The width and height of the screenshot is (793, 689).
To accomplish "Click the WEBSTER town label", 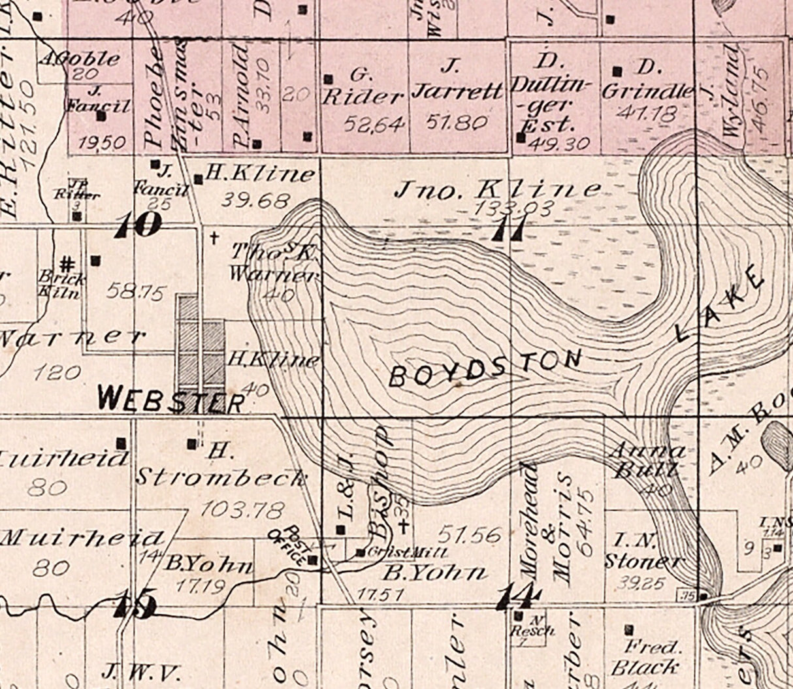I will tap(172, 398).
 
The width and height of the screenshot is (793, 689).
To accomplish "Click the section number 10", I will tap(138, 225).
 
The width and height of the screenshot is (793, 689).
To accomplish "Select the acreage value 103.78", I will tap(234, 507).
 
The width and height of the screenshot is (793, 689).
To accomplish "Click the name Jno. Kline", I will tap(498, 189).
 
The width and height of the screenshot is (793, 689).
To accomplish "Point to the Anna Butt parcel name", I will tap(646, 460).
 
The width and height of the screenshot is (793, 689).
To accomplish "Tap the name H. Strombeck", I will tap(221, 467).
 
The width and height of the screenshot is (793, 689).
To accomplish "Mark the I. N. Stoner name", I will tap(644, 550).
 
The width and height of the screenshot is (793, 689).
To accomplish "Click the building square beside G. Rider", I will tap(329, 80).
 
